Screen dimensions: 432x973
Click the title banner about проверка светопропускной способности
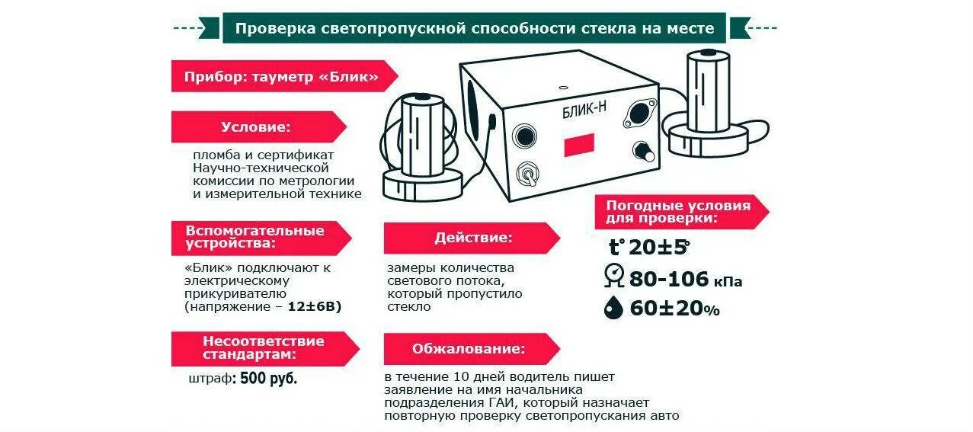(475, 28)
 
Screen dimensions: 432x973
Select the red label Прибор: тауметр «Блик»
(281, 77)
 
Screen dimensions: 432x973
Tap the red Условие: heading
(256, 126)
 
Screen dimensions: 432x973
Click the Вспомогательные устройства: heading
(254, 237)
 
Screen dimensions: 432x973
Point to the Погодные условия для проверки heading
(677, 211)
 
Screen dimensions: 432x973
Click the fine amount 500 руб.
(269, 379)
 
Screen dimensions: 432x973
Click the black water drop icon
(613, 308)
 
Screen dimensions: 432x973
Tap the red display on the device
(579, 144)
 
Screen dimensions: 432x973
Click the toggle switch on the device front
(525, 174)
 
